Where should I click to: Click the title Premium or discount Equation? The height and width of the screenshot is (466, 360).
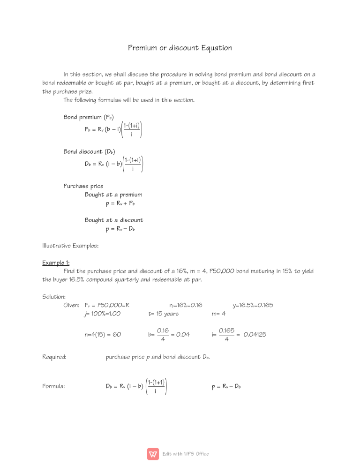click(x=180, y=48)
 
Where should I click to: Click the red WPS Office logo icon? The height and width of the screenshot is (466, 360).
click(x=153, y=454)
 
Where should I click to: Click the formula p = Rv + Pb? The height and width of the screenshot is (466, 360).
click(x=120, y=203)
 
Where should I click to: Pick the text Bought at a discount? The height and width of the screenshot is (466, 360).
click(x=114, y=220)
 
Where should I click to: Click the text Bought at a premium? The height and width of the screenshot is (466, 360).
click(x=113, y=194)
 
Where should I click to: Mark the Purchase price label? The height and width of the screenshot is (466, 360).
click(x=83, y=186)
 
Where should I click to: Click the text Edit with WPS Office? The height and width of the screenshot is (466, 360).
click(x=186, y=454)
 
